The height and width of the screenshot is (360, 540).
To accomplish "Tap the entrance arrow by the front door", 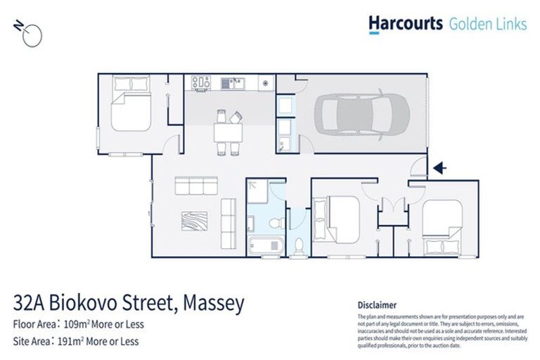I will [x=440, y=168].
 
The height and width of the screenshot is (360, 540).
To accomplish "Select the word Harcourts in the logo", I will [x=406, y=24].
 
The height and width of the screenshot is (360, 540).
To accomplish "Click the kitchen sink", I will [x=231, y=83].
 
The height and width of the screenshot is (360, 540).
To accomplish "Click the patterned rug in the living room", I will [x=194, y=221].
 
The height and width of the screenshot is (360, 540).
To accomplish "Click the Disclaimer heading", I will [x=378, y=305].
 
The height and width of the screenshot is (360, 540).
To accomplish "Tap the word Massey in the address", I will [x=214, y=303].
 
